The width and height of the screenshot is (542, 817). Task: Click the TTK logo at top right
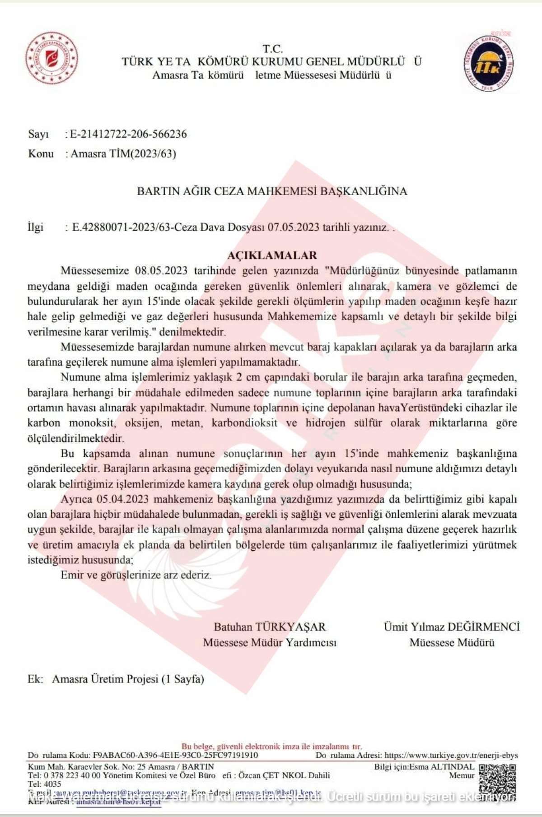pyautogui.click(x=489, y=63)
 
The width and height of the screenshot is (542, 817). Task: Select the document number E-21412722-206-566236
pyautogui.click(x=128, y=134)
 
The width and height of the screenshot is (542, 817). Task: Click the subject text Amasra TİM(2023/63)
pyautogui.click(x=123, y=154)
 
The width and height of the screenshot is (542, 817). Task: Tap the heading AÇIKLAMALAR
pyautogui.click(x=272, y=255)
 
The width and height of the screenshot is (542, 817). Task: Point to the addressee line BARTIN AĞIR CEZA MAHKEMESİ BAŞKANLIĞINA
pyautogui.click(x=272, y=191)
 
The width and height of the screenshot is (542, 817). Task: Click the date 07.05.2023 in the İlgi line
pyautogui.click(x=293, y=227)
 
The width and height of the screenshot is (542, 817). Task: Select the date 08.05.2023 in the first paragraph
pyautogui.click(x=161, y=271)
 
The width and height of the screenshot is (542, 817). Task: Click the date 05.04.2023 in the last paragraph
pyautogui.click(x=123, y=499)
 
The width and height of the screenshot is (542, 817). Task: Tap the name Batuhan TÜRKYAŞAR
pyautogui.click(x=270, y=627)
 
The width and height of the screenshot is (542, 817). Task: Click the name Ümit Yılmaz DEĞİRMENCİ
pyautogui.click(x=452, y=627)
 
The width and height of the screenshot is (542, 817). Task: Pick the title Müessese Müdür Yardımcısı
pyautogui.click(x=270, y=642)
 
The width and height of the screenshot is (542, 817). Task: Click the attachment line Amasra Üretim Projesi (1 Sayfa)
pyautogui.click(x=128, y=679)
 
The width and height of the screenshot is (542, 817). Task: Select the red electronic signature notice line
pyautogui.click(x=272, y=747)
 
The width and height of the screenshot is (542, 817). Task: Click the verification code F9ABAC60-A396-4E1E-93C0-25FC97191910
pyautogui.click(x=175, y=755)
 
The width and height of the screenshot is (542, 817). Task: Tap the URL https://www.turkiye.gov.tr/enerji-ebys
pyautogui.click(x=451, y=755)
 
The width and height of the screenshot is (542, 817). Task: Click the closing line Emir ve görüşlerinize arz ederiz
pyautogui.click(x=136, y=575)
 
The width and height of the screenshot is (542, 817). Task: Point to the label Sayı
pyautogui.click(x=38, y=134)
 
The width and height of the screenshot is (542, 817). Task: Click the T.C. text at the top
pyautogui.click(x=272, y=49)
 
